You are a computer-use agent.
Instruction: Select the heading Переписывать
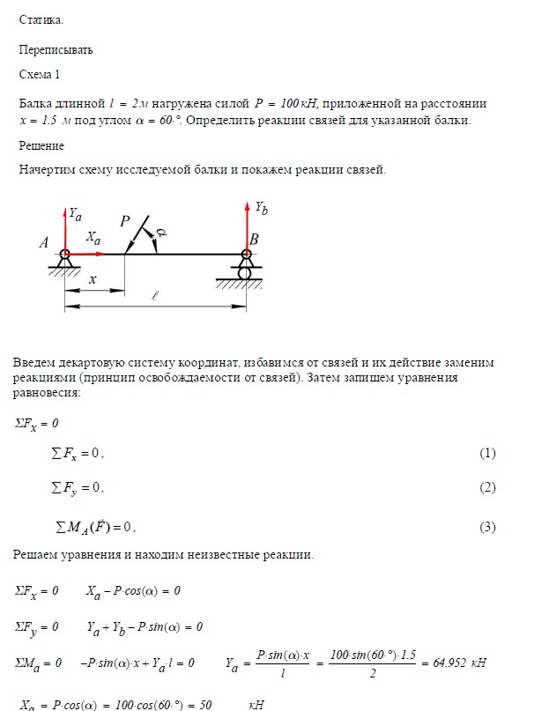pyautogui.click(x=56, y=50)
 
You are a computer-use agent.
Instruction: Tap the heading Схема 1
pyautogui.click(x=41, y=75)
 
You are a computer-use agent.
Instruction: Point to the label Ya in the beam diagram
pyautogui.click(x=76, y=214)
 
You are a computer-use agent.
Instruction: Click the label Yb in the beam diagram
pyautogui.click(x=261, y=209)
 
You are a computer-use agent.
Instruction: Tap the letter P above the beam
pyautogui.click(x=125, y=222)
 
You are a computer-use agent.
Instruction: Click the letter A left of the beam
pyautogui.click(x=43, y=244)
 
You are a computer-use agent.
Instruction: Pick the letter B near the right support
pyautogui.click(x=254, y=239)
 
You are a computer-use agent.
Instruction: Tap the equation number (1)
pyautogui.click(x=487, y=454)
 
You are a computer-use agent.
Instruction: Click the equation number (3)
pyautogui.click(x=487, y=528)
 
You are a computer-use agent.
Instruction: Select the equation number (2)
pyautogui.click(x=487, y=488)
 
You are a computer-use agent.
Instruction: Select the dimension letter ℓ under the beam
pyautogui.click(x=155, y=297)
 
